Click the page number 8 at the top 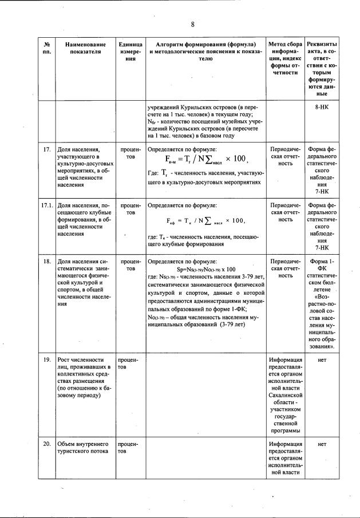192,23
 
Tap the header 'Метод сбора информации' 286,58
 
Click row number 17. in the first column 48,150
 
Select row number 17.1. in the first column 47,204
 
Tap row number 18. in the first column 48,260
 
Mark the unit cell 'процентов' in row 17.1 130,208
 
